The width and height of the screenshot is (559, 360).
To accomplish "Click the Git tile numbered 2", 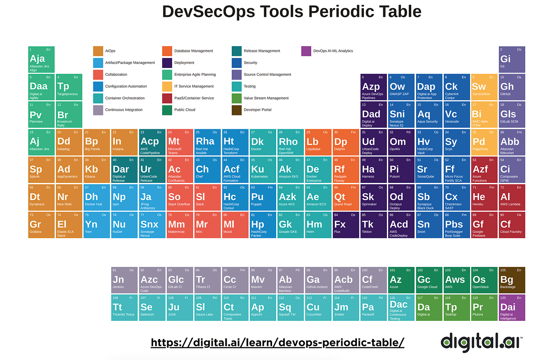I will click(512, 59).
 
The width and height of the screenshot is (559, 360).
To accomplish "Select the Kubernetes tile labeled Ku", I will click(263, 169).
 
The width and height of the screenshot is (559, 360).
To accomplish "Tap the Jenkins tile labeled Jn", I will click(124, 280).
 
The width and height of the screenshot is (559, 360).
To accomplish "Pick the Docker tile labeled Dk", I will click(263, 142).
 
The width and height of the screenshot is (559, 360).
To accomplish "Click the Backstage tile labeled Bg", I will click(512, 280).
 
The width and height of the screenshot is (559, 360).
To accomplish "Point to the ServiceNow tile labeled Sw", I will click(484, 87).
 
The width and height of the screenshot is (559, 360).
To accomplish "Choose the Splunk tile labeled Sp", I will click(41, 169).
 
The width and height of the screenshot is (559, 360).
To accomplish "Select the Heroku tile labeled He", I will click(484, 197).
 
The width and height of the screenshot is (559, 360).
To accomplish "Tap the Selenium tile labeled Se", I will click(152, 307).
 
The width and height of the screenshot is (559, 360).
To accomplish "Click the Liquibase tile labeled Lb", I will click(318, 142).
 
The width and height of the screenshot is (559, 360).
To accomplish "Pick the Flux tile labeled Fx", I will click(345, 224).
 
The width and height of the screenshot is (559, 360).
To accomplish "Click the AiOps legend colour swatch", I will click(98, 51).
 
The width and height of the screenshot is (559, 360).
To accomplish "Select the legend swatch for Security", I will click(237, 63).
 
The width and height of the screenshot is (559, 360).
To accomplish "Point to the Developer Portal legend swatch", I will click(237, 110).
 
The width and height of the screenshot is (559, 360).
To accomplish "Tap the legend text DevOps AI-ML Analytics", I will click(333, 51).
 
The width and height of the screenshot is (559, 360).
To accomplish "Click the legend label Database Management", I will click(193, 51).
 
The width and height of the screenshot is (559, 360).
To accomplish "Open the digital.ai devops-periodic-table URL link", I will click(277, 342).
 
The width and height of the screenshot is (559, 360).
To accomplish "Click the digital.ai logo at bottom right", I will click(482, 342).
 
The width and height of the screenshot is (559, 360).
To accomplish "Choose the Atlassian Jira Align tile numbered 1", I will click(41, 59).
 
